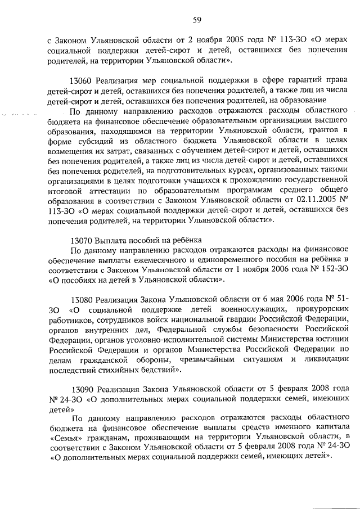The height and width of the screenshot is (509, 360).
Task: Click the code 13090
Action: tap(85, 389)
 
